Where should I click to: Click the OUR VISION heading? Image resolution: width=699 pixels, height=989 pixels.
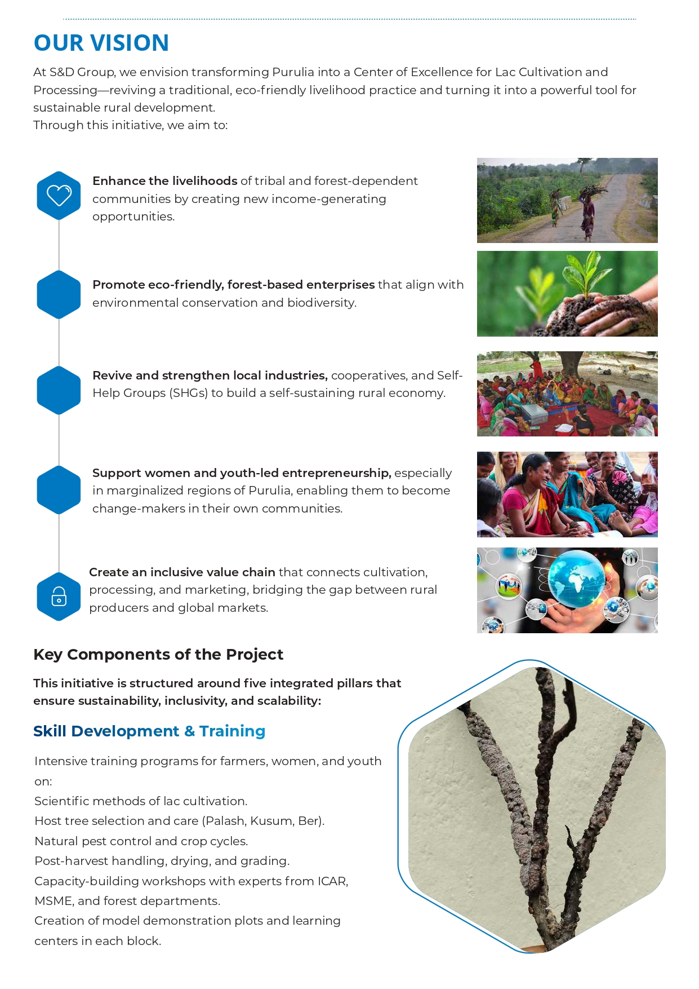pos(101,43)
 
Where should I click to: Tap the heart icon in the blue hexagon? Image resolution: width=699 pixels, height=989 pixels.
pos(59,195)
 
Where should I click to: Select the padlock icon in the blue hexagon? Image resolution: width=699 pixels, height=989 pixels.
pos(59,597)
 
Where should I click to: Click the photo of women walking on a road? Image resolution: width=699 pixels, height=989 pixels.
pos(567,200)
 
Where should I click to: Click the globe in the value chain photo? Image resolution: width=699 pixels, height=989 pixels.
pos(576,576)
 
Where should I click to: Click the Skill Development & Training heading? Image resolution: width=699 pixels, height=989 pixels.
pos(149,731)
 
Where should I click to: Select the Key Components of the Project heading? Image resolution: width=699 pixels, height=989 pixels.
pos(158,655)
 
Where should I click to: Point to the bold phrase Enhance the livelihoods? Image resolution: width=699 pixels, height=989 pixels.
pos(164,181)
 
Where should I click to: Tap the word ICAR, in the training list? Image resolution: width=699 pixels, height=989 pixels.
pos(333,881)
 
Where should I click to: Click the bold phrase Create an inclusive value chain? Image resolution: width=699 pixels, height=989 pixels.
pos(182,572)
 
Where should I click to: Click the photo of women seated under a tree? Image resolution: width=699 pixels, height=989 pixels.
pos(567,394)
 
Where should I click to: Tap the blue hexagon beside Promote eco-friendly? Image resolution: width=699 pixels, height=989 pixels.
pos(59,294)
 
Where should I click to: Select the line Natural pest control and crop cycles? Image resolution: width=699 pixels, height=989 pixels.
pos(141,841)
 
